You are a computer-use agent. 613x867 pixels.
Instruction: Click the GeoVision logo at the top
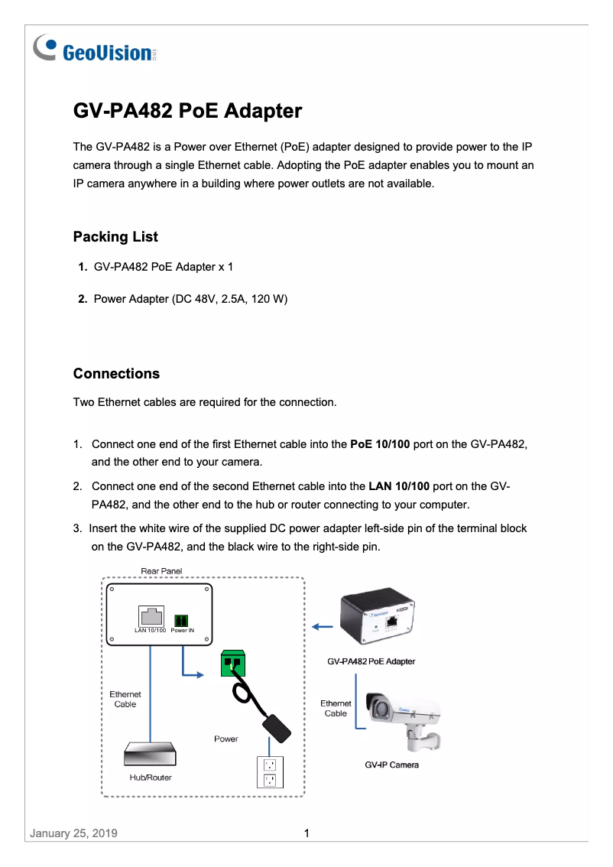coord(96,50)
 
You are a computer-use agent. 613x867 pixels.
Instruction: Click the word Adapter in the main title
coord(263,112)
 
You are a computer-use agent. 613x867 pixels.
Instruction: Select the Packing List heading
coord(115,237)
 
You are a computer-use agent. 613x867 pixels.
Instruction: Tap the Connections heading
coord(116,374)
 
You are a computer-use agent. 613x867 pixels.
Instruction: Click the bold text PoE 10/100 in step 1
coord(380,444)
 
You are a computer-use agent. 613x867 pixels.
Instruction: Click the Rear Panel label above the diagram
coord(161,571)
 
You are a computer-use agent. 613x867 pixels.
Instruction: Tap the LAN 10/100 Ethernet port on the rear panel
coord(151,615)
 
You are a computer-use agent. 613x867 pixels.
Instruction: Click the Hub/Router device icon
coord(151,755)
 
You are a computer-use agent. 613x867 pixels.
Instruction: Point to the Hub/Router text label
coord(151,778)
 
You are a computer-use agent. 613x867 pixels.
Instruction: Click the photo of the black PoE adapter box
coord(379,619)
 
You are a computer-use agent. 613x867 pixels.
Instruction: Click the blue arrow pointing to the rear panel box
coord(323,627)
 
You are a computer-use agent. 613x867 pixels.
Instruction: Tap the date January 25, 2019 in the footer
coord(73,833)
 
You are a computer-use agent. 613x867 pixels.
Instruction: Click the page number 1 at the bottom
coord(306,833)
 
